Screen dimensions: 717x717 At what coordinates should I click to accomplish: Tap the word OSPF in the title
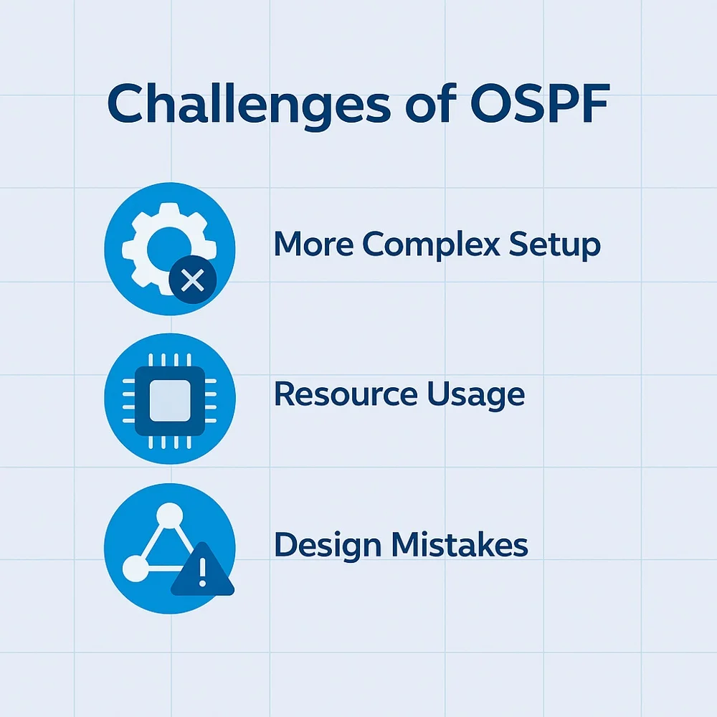coord(540,103)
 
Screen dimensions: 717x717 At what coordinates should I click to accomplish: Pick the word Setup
coord(554,245)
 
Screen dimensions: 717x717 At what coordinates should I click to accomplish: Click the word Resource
coord(346,394)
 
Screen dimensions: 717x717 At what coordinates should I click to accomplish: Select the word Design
coord(328,546)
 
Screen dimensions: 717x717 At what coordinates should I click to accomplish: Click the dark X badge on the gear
coord(192,280)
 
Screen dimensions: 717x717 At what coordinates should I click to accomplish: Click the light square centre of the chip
coord(170,401)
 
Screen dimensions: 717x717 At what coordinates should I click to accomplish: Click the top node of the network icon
coord(170,516)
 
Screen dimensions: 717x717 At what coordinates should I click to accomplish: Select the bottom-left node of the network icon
coord(136,569)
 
